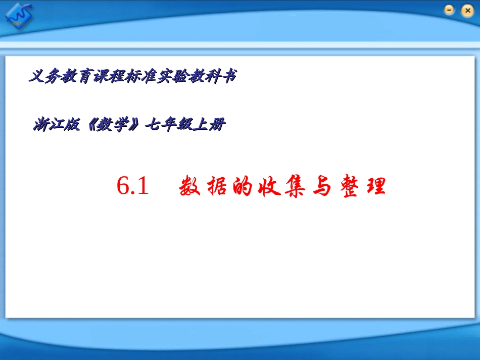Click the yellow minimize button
tap(449, 10)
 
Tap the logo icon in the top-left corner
tap(18, 16)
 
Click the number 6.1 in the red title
tap(132, 187)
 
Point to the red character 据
tap(217, 187)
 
